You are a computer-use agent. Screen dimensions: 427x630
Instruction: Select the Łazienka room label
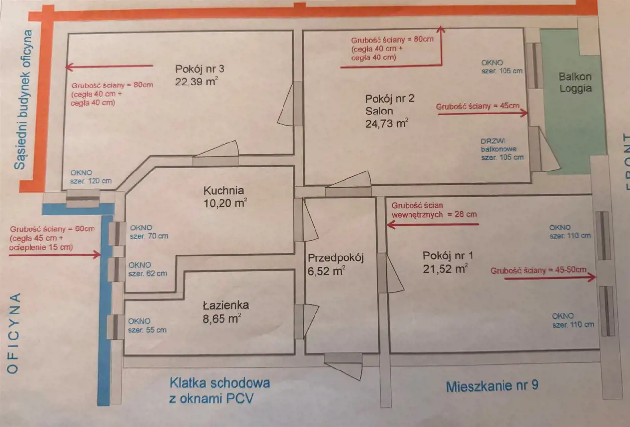(x=225, y=305)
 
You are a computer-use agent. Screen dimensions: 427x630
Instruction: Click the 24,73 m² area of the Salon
(x=386, y=123)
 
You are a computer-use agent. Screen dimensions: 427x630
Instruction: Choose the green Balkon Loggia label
(x=574, y=83)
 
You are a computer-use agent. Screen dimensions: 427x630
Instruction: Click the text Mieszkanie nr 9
(x=492, y=386)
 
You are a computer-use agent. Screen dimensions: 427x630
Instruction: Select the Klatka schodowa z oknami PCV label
(x=219, y=390)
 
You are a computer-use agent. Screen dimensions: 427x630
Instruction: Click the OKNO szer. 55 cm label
(x=147, y=326)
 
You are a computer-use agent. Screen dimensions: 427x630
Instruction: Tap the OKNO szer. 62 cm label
(x=147, y=269)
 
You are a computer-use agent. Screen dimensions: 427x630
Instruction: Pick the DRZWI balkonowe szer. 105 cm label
(x=502, y=148)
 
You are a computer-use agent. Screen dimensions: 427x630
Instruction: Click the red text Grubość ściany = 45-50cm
(x=538, y=270)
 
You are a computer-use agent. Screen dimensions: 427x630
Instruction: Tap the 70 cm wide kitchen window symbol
(x=118, y=233)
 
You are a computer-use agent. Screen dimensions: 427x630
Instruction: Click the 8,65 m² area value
(x=221, y=318)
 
